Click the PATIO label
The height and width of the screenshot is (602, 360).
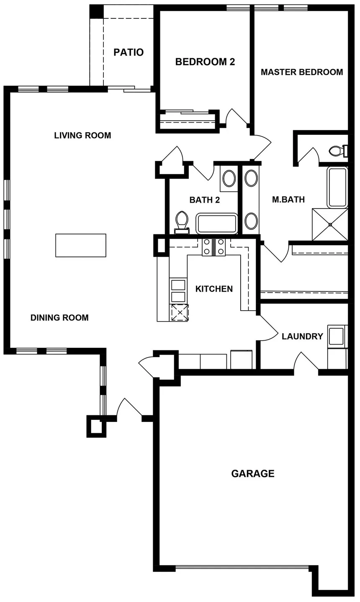point(129,52)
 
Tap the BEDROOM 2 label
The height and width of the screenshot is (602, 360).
point(205,62)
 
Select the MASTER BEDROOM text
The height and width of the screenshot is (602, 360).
point(301,72)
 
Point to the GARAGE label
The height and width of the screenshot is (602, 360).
point(253,473)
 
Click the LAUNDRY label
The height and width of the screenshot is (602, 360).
point(302,336)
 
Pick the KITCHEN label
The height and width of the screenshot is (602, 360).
point(214,289)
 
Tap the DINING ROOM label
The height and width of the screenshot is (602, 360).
point(59,318)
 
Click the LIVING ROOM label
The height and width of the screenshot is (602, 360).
point(82,136)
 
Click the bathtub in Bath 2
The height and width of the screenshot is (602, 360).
point(217,224)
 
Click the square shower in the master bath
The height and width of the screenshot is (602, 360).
point(330,224)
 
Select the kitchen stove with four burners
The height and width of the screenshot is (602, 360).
point(213,247)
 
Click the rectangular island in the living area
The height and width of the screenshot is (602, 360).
point(81,245)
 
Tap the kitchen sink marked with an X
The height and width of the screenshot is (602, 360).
point(179,312)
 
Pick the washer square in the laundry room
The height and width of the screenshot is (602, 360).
point(337,336)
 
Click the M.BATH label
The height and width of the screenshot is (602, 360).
point(288,200)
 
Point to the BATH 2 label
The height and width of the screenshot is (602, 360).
point(204,200)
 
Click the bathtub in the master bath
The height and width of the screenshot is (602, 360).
point(337,187)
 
